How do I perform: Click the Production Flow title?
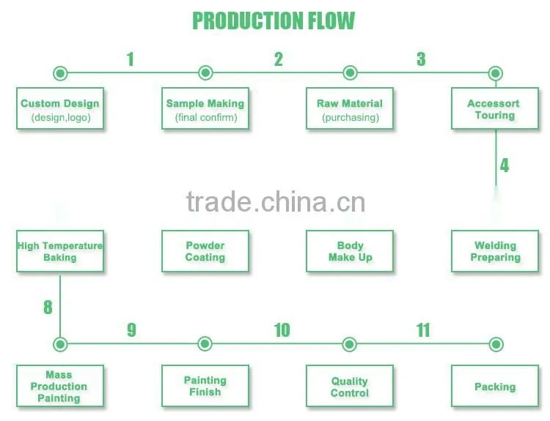pyautogui.click(x=274, y=21)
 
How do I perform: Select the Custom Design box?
pyautogui.click(x=60, y=108)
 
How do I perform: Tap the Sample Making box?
pyautogui.click(x=205, y=108)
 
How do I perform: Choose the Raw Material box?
pyautogui.click(x=350, y=108)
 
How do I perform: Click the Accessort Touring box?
pyautogui.click(x=495, y=108)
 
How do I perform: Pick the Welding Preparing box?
pyautogui.click(x=495, y=251)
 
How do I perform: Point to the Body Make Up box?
pyautogui.click(x=350, y=251)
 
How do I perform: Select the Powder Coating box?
pyautogui.click(x=205, y=251)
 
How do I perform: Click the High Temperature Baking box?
pyautogui.click(x=60, y=251)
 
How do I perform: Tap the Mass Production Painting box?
pyautogui.click(x=60, y=386)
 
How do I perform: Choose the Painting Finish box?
pyautogui.click(x=205, y=386)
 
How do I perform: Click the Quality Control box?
pyautogui.click(x=350, y=386)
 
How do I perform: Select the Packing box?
pyautogui.click(x=495, y=386)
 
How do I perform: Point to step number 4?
pyautogui.click(x=505, y=165)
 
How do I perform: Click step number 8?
pyautogui.click(x=48, y=308)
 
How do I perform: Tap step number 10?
pyautogui.click(x=282, y=330)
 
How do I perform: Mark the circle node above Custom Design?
pyautogui.click(x=60, y=73)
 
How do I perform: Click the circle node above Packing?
pyautogui.click(x=496, y=344)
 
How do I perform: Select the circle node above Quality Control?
pyautogui.click(x=349, y=344)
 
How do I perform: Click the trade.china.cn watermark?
pyautogui.click(x=276, y=202)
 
